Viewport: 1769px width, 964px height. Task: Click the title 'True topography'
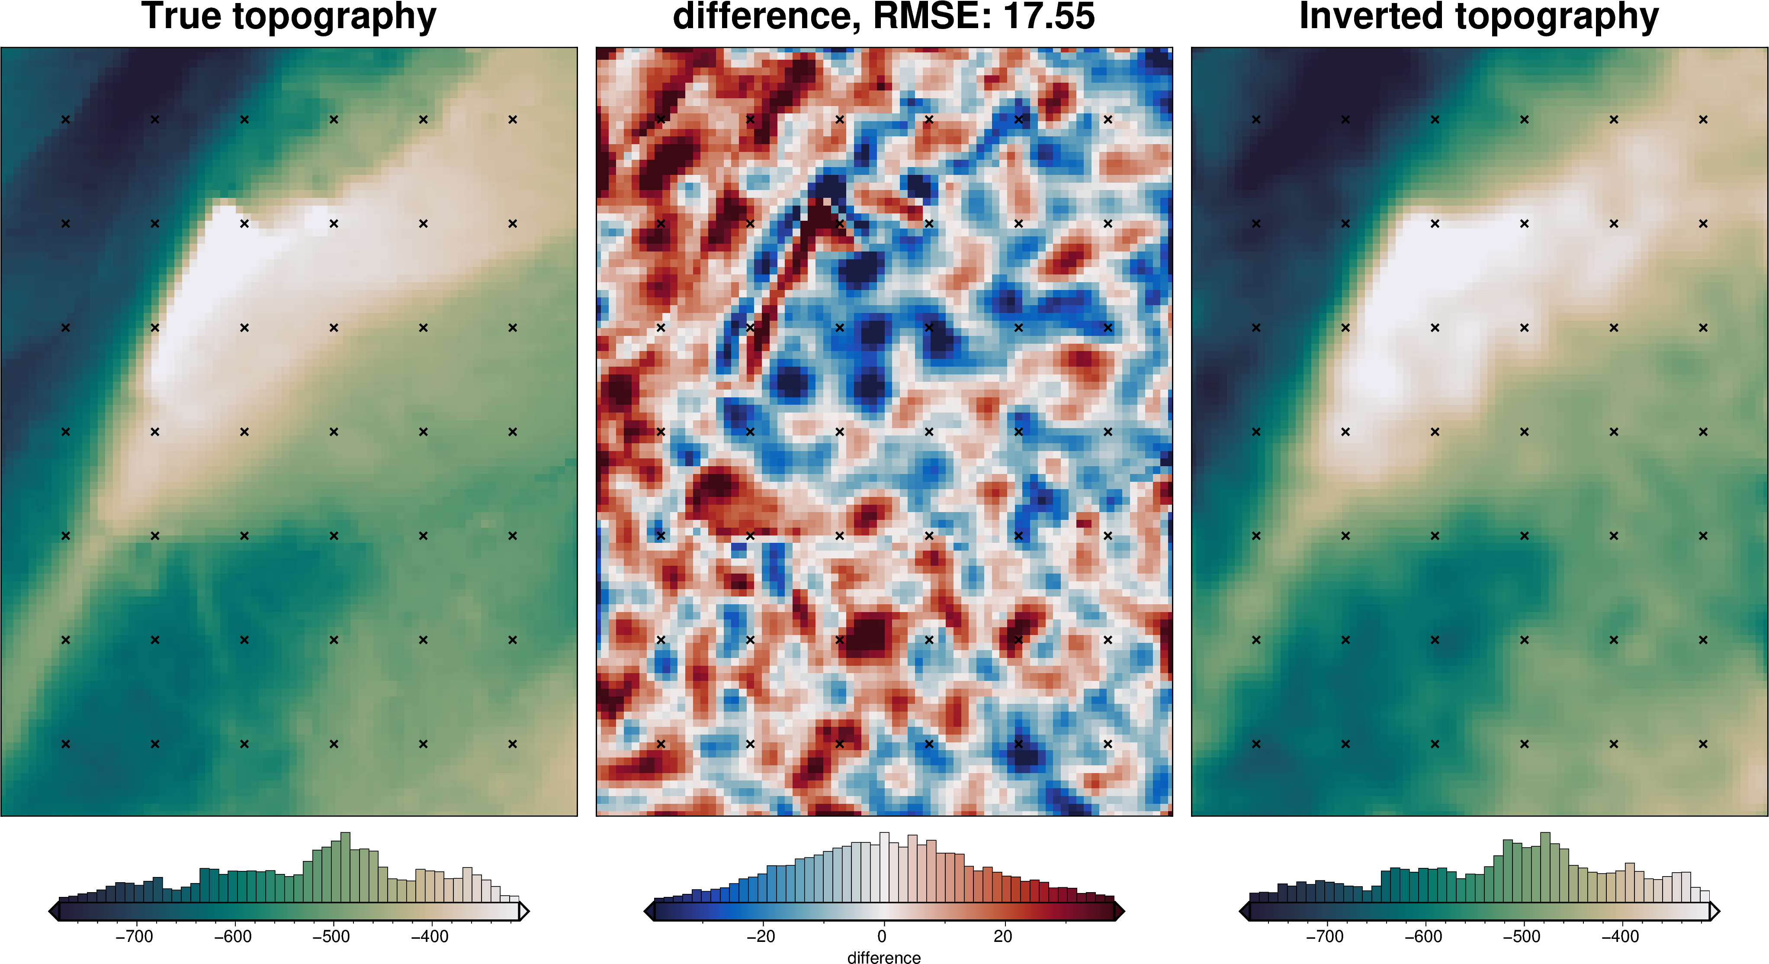[x=289, y=16]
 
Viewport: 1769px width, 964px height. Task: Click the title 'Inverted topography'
[x=1479, y=16]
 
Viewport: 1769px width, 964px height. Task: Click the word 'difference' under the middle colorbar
[x=884, y=957]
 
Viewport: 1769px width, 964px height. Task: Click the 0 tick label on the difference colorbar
[x=882, y=937]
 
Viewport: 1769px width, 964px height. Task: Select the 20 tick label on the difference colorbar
[x=1003, y=937]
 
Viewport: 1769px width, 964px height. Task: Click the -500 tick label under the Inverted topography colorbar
[x=1521, y=937]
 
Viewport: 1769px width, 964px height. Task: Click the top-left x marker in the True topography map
[x=66, y=119]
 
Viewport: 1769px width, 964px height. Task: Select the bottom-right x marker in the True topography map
[x=512, y=743]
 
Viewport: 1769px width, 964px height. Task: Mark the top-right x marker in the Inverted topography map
[x=1703, y=119]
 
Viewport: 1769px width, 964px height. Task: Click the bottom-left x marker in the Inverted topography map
[x=1256, y=743]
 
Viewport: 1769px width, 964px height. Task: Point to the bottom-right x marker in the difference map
[x=1108, y=743]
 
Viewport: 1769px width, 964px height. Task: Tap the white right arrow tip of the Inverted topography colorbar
[x=1715, y=912]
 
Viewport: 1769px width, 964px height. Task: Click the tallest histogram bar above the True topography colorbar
[x=345, y=867]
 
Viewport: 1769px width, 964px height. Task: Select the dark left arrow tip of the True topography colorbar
[x=53, y=912]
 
